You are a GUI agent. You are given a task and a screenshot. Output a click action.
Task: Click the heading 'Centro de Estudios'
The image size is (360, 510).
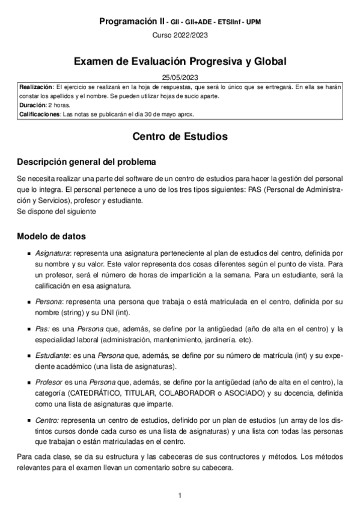180,137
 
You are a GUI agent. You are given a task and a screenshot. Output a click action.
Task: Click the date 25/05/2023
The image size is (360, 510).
180,78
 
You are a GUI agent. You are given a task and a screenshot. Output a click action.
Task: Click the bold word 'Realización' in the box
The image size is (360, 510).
36,87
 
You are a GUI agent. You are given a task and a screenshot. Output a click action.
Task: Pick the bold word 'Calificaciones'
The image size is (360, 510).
40,114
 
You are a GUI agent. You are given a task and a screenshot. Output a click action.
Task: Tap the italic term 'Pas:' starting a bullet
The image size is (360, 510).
42,328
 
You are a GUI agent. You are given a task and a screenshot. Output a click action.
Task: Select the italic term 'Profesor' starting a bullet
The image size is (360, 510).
49,382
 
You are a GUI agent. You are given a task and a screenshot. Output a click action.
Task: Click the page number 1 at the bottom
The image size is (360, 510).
180,496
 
